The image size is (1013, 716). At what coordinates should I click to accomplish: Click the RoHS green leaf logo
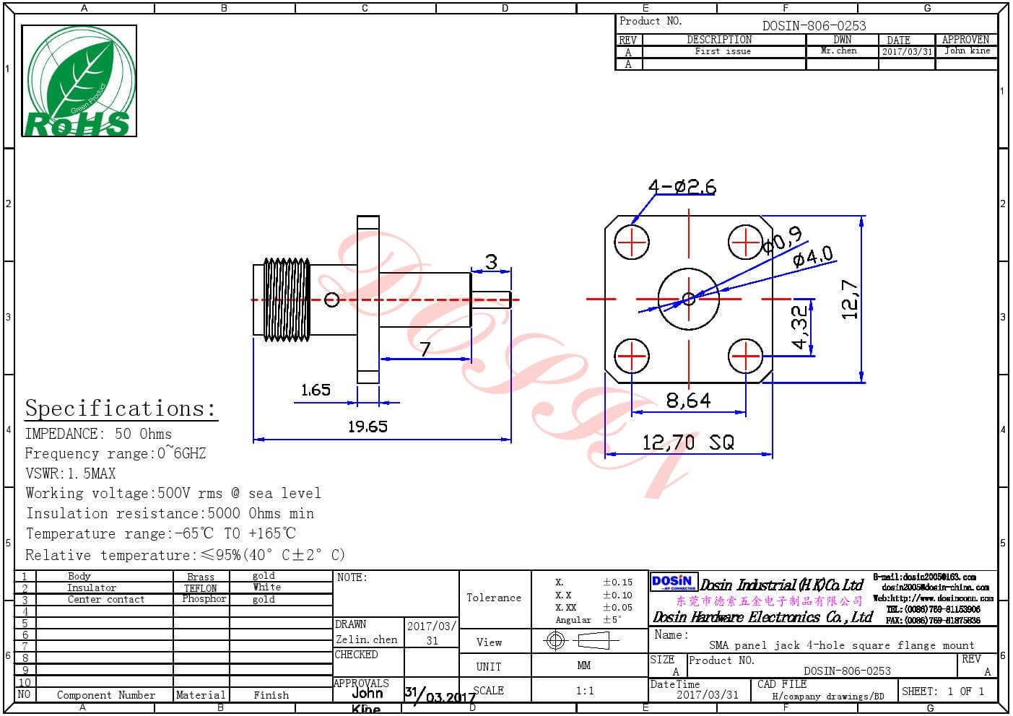(79, 81)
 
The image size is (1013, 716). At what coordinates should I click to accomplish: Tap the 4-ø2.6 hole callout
(682, 187)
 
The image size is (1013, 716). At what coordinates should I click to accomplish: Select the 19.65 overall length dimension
(368, 427)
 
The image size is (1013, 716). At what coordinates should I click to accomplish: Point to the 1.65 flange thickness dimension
(316, 390)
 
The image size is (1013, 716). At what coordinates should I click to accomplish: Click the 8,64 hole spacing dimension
(688, 400)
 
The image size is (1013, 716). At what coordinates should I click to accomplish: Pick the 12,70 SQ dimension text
(688, 442)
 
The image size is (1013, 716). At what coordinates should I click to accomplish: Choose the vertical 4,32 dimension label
(799, 327)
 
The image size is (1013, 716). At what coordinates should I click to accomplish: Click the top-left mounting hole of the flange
(632, 242)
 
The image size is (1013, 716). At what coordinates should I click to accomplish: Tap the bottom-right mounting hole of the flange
(746, 356)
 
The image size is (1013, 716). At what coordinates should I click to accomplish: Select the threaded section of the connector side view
(287, 299)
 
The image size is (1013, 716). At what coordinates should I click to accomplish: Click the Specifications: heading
(121, 409)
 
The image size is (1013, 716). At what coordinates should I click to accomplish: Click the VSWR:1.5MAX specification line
(70, 473)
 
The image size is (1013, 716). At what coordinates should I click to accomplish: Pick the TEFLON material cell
(201, 588)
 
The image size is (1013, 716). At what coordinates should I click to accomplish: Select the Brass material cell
(201, 577)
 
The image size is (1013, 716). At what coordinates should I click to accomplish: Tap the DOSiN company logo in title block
(672, 582)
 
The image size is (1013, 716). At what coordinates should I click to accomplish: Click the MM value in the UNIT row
(584, 665)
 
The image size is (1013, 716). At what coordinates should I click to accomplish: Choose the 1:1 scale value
(585, 691)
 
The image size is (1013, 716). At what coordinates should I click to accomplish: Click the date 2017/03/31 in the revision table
(906, 52)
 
